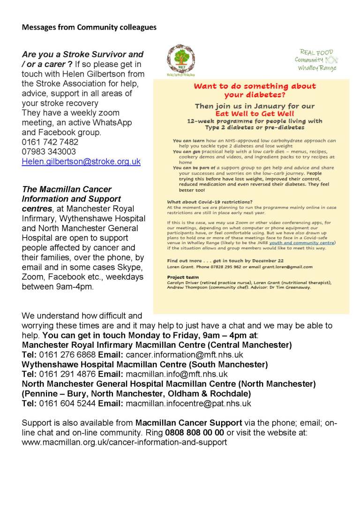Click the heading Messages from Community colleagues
[x=89, y=27]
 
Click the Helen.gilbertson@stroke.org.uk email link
[x=81, y=161]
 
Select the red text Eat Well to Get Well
[x=255, y=113]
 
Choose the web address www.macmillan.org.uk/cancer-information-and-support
[x=124, y=442]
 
